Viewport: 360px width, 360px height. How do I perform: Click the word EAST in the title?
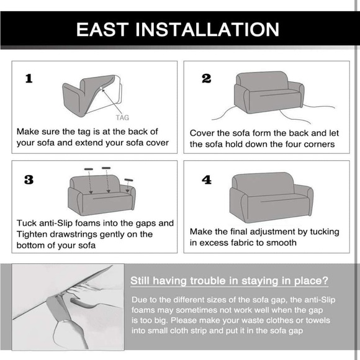[x=102, y=29]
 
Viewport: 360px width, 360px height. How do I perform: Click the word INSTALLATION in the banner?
[x=207, y=29]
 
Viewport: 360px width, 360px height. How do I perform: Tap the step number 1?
[x=29, y=79]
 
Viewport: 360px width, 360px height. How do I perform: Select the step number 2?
[x=206, y=79]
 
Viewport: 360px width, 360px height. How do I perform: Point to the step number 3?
[x=29, y=180]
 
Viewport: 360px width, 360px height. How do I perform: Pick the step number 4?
[x=207, y=180]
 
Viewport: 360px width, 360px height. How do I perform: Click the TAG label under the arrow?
[x=122, y=118]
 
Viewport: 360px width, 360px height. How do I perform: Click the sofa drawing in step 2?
[x=269, y=92]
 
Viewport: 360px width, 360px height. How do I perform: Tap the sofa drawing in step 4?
[x=271, y=197]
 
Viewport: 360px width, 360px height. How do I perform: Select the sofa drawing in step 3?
[x=101, y=195]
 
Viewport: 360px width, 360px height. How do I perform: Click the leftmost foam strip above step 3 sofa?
[x=89, y=169]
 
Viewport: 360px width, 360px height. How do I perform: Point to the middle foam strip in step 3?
[x=106, y=168]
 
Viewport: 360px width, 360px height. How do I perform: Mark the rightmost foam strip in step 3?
[x=129, y=180]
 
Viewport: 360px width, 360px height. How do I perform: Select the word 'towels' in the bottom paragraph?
[x=318, y=320]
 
